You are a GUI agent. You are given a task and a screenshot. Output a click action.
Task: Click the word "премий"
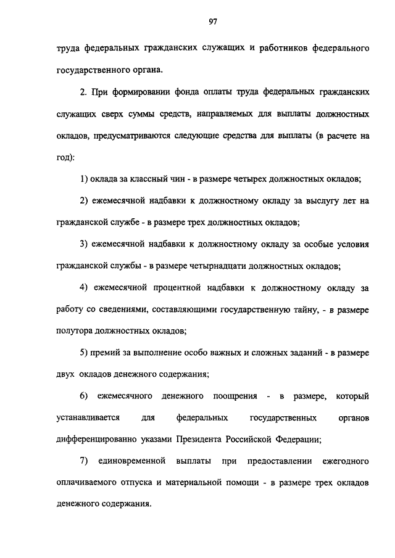(105, 353)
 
